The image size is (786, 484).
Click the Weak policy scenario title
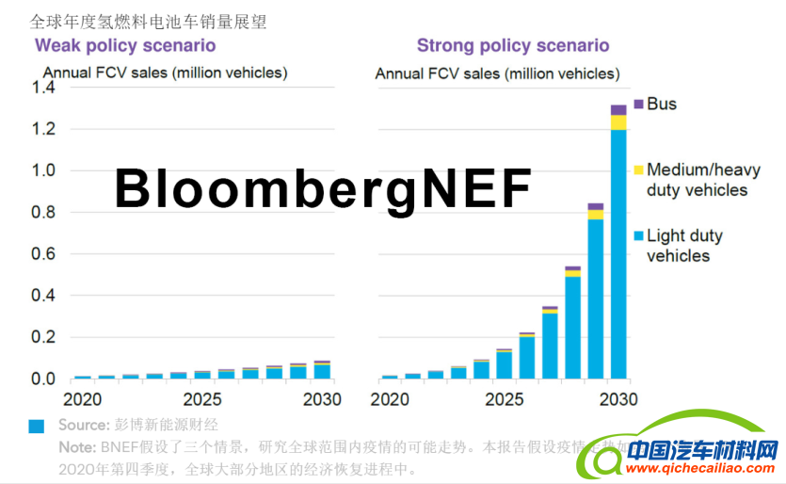click(125, 45)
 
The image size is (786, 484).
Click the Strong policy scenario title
click(513, 45)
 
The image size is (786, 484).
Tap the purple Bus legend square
click(639, 104)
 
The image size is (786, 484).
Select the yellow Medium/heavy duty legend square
click(639, 169)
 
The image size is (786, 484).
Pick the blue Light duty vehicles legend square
click(639, 235)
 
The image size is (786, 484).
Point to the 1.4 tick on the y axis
click(44, 88)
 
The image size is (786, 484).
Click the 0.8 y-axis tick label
click(44, 213)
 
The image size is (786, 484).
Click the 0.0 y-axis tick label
click(44, 379)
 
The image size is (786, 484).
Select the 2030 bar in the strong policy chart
click(618, 245)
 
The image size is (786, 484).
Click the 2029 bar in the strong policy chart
click(595, 292)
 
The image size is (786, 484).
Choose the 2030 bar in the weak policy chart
click(322, 370)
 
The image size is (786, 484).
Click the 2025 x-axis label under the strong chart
click(503, 398)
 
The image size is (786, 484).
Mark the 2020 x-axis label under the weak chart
click(83, 398)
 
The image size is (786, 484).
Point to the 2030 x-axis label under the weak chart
click(322, 398)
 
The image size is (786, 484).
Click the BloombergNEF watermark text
click(323, 188)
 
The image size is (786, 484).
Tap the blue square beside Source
click(37, 427)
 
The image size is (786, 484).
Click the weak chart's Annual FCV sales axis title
click(166, 73)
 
